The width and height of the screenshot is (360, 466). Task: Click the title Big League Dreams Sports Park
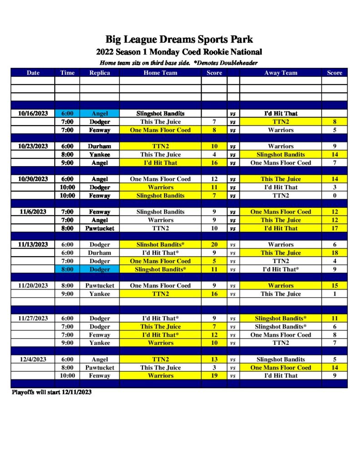[x=179, y=39]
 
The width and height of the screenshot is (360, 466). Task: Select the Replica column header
[x=99, y=73]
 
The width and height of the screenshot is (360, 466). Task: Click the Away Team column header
[x=280, y=73]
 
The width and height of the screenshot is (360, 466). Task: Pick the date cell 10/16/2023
[x=33, y=113]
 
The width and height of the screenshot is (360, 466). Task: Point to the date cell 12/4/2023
[x=33, y=359]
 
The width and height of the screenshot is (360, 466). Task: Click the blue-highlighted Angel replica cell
[x=99, y=113]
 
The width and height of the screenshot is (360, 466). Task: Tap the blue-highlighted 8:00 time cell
[x=67, y=269]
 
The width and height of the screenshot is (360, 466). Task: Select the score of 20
[x=214, y=244]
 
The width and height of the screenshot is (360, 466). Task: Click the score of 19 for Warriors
[x=214, y=375]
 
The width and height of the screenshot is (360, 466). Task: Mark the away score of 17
[x=335, y=228]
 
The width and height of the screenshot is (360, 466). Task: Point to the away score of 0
[x=335, y=195]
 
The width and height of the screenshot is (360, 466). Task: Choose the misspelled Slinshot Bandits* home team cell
[x=160, y=244]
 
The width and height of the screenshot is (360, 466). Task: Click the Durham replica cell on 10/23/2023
[x=99, y=146]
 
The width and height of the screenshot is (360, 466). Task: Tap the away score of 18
[x=335, y=253]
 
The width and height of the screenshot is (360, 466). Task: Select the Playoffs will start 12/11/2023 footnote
[x=51, y=392]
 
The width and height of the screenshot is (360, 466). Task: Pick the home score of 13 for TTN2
[x=214, y=359]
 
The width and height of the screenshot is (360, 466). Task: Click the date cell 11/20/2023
[x=33, y=285]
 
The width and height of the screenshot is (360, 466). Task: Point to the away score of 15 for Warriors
[x=335, y=285]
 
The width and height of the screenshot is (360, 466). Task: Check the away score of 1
[x=335, y=294]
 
